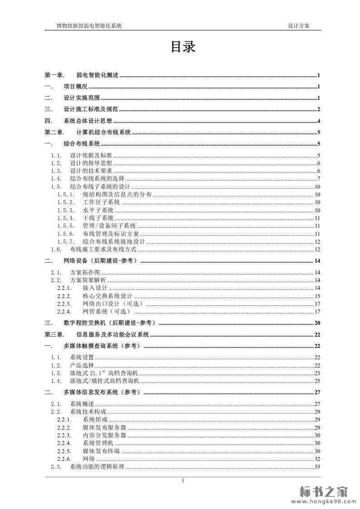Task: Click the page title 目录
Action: [x=182, y=47]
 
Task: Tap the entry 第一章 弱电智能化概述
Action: [x=81, y=76]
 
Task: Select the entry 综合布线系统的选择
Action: [x=97, y=179]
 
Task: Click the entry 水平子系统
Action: [x=98, y=210]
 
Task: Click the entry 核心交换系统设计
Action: [x=107, y=296]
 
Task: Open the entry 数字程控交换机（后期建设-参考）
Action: [x=109, y=323]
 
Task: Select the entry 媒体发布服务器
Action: [x=104, y=427]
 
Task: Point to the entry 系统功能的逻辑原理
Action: [x=97, y=467]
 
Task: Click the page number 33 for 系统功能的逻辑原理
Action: [x=317, y=467]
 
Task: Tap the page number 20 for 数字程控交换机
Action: [x=317, y=323]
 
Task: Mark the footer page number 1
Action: [x=182, y=480]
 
